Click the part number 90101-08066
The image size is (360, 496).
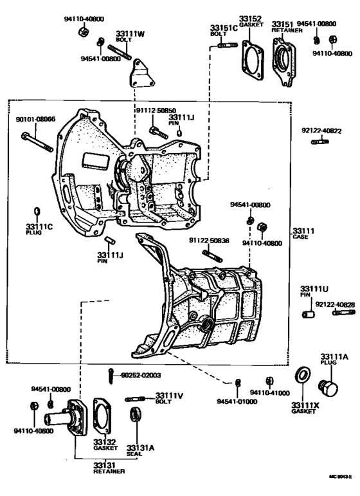35,119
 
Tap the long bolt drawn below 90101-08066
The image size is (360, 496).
37,142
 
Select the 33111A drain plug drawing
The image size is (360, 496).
328,389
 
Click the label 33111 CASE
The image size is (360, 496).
303,233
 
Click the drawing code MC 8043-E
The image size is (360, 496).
339,477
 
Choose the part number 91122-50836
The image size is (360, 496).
209,240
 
